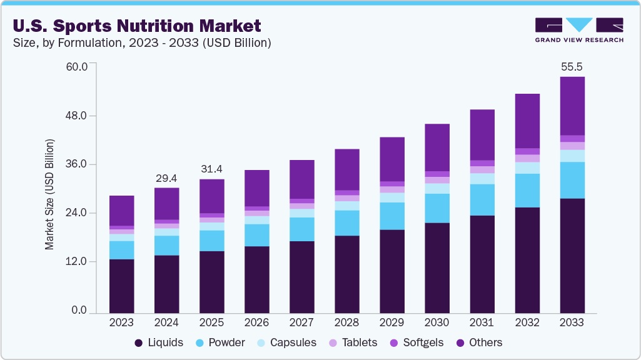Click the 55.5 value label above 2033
click(x=572, y=66)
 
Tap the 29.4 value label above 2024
click(x=166, y=178)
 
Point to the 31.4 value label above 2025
click(x=211, y=169)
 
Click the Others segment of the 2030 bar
click(x=437, y=147)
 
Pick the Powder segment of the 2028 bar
click(x=347, y=222)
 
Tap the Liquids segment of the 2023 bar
click(x=121, y=286)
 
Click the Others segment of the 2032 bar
click(x=527, y=121)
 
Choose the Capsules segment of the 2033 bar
click(x=572, y=156)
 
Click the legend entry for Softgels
click(x=418, y=342)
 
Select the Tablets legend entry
click(x=354, y=342)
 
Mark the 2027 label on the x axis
click(x=301, y=322)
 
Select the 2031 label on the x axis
click(x=482, y=322)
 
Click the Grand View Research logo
click(x=578, y=30)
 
